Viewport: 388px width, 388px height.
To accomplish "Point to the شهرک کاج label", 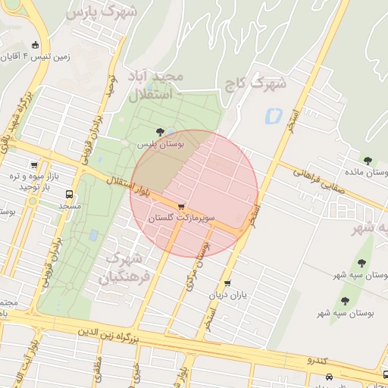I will tap(255, 83).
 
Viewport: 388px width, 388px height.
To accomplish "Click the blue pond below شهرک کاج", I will tap(272, 117).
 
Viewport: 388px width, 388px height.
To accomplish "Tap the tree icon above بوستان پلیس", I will tap(159, 132).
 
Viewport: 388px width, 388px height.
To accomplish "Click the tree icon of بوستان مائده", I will tap(368, 161).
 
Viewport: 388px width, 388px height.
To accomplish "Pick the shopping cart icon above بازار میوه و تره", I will tap(34, 164).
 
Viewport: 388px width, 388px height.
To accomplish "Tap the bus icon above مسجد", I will tap(69, 194).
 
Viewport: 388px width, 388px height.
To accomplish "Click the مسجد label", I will tap(70, 205).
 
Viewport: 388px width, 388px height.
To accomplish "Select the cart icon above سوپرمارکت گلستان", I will tap(182, 207).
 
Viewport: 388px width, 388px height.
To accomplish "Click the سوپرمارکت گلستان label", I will tap(181, 218).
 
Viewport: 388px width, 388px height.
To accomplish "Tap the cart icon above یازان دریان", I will tap(227, 284).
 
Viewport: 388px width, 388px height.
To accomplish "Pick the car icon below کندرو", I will tap(328, 377).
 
